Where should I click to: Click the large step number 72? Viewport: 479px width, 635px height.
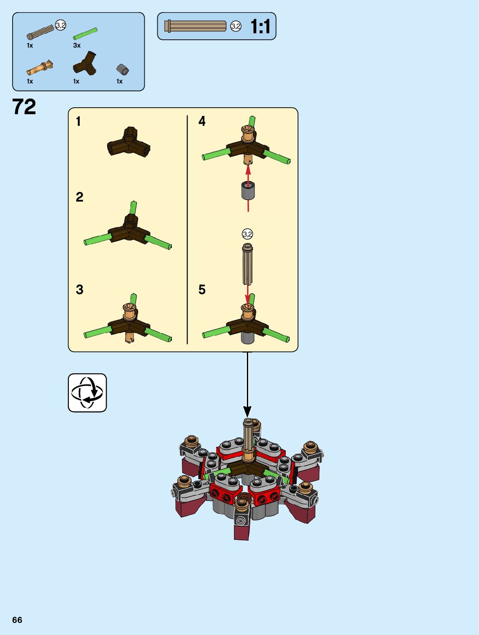tap(24, 107)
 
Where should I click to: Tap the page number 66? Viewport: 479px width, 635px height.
tap(17, 620)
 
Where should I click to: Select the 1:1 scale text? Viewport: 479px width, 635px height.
tap(260, 27)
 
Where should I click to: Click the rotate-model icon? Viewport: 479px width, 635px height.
tap(87, 393)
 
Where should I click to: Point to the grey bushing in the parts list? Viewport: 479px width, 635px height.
tap(123, 69)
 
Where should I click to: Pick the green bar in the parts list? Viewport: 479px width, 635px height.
tap(85, 33)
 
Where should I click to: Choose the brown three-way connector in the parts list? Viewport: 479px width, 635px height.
tap(85, 64)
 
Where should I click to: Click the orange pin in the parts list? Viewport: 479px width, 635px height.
tap(40, 68)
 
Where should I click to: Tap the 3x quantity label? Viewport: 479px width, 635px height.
tap(77, 45)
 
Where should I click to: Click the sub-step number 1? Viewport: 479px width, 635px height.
tap(78, 122)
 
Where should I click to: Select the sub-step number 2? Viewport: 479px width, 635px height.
tap(79, 197)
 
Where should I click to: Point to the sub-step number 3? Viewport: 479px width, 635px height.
tap(79, 289)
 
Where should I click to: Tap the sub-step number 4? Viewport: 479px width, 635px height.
tap(202, 121)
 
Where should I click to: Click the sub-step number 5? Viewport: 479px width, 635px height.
tap(202, 289)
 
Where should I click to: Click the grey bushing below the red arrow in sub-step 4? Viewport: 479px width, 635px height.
tap(248, 191)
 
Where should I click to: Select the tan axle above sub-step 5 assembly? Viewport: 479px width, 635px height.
tap(247, 263)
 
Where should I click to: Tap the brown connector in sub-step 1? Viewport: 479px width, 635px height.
tap(129, 142)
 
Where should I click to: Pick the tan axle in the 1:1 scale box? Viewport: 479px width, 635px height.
tap(195, 26)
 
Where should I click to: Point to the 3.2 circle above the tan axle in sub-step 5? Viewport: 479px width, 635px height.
tap(247, 234)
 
